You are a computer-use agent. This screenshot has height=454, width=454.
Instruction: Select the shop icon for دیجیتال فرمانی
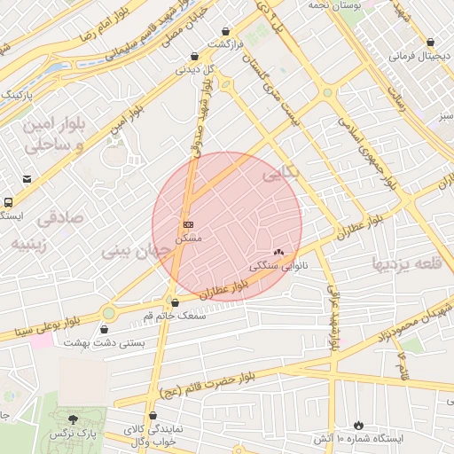pos(430,43)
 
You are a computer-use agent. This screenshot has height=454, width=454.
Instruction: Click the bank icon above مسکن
pos(188,224)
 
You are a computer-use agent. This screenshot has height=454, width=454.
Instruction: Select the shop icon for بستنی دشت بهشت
pos(105,330)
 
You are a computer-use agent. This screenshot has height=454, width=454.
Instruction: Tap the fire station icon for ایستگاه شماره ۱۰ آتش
pos(358,426)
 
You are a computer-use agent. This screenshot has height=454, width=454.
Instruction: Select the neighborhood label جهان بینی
pos(133,251)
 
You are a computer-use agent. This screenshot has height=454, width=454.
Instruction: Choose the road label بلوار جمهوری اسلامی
pos(364,151)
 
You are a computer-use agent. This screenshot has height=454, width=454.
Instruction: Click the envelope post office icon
pos(27,178)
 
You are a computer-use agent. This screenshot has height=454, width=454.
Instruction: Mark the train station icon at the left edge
pos(7,202)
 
